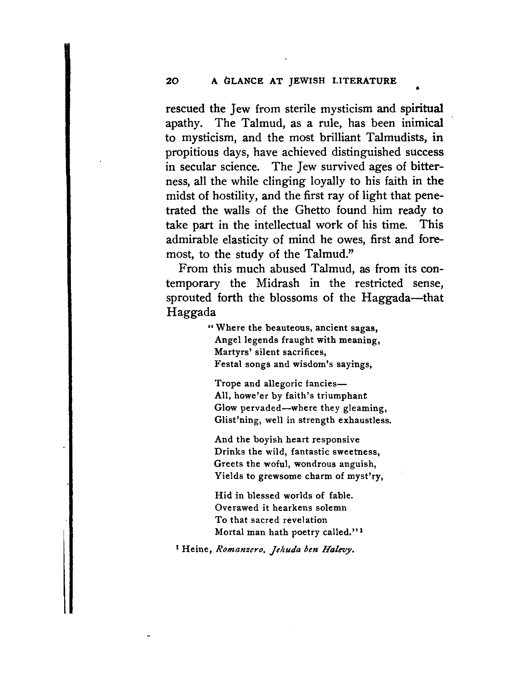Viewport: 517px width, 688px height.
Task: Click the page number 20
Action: pos(172,81)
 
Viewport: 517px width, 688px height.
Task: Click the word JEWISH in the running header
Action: pos(307,81)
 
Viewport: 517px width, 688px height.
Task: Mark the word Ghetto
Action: pos(312,210)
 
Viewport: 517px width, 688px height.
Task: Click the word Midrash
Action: pos(278,283)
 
